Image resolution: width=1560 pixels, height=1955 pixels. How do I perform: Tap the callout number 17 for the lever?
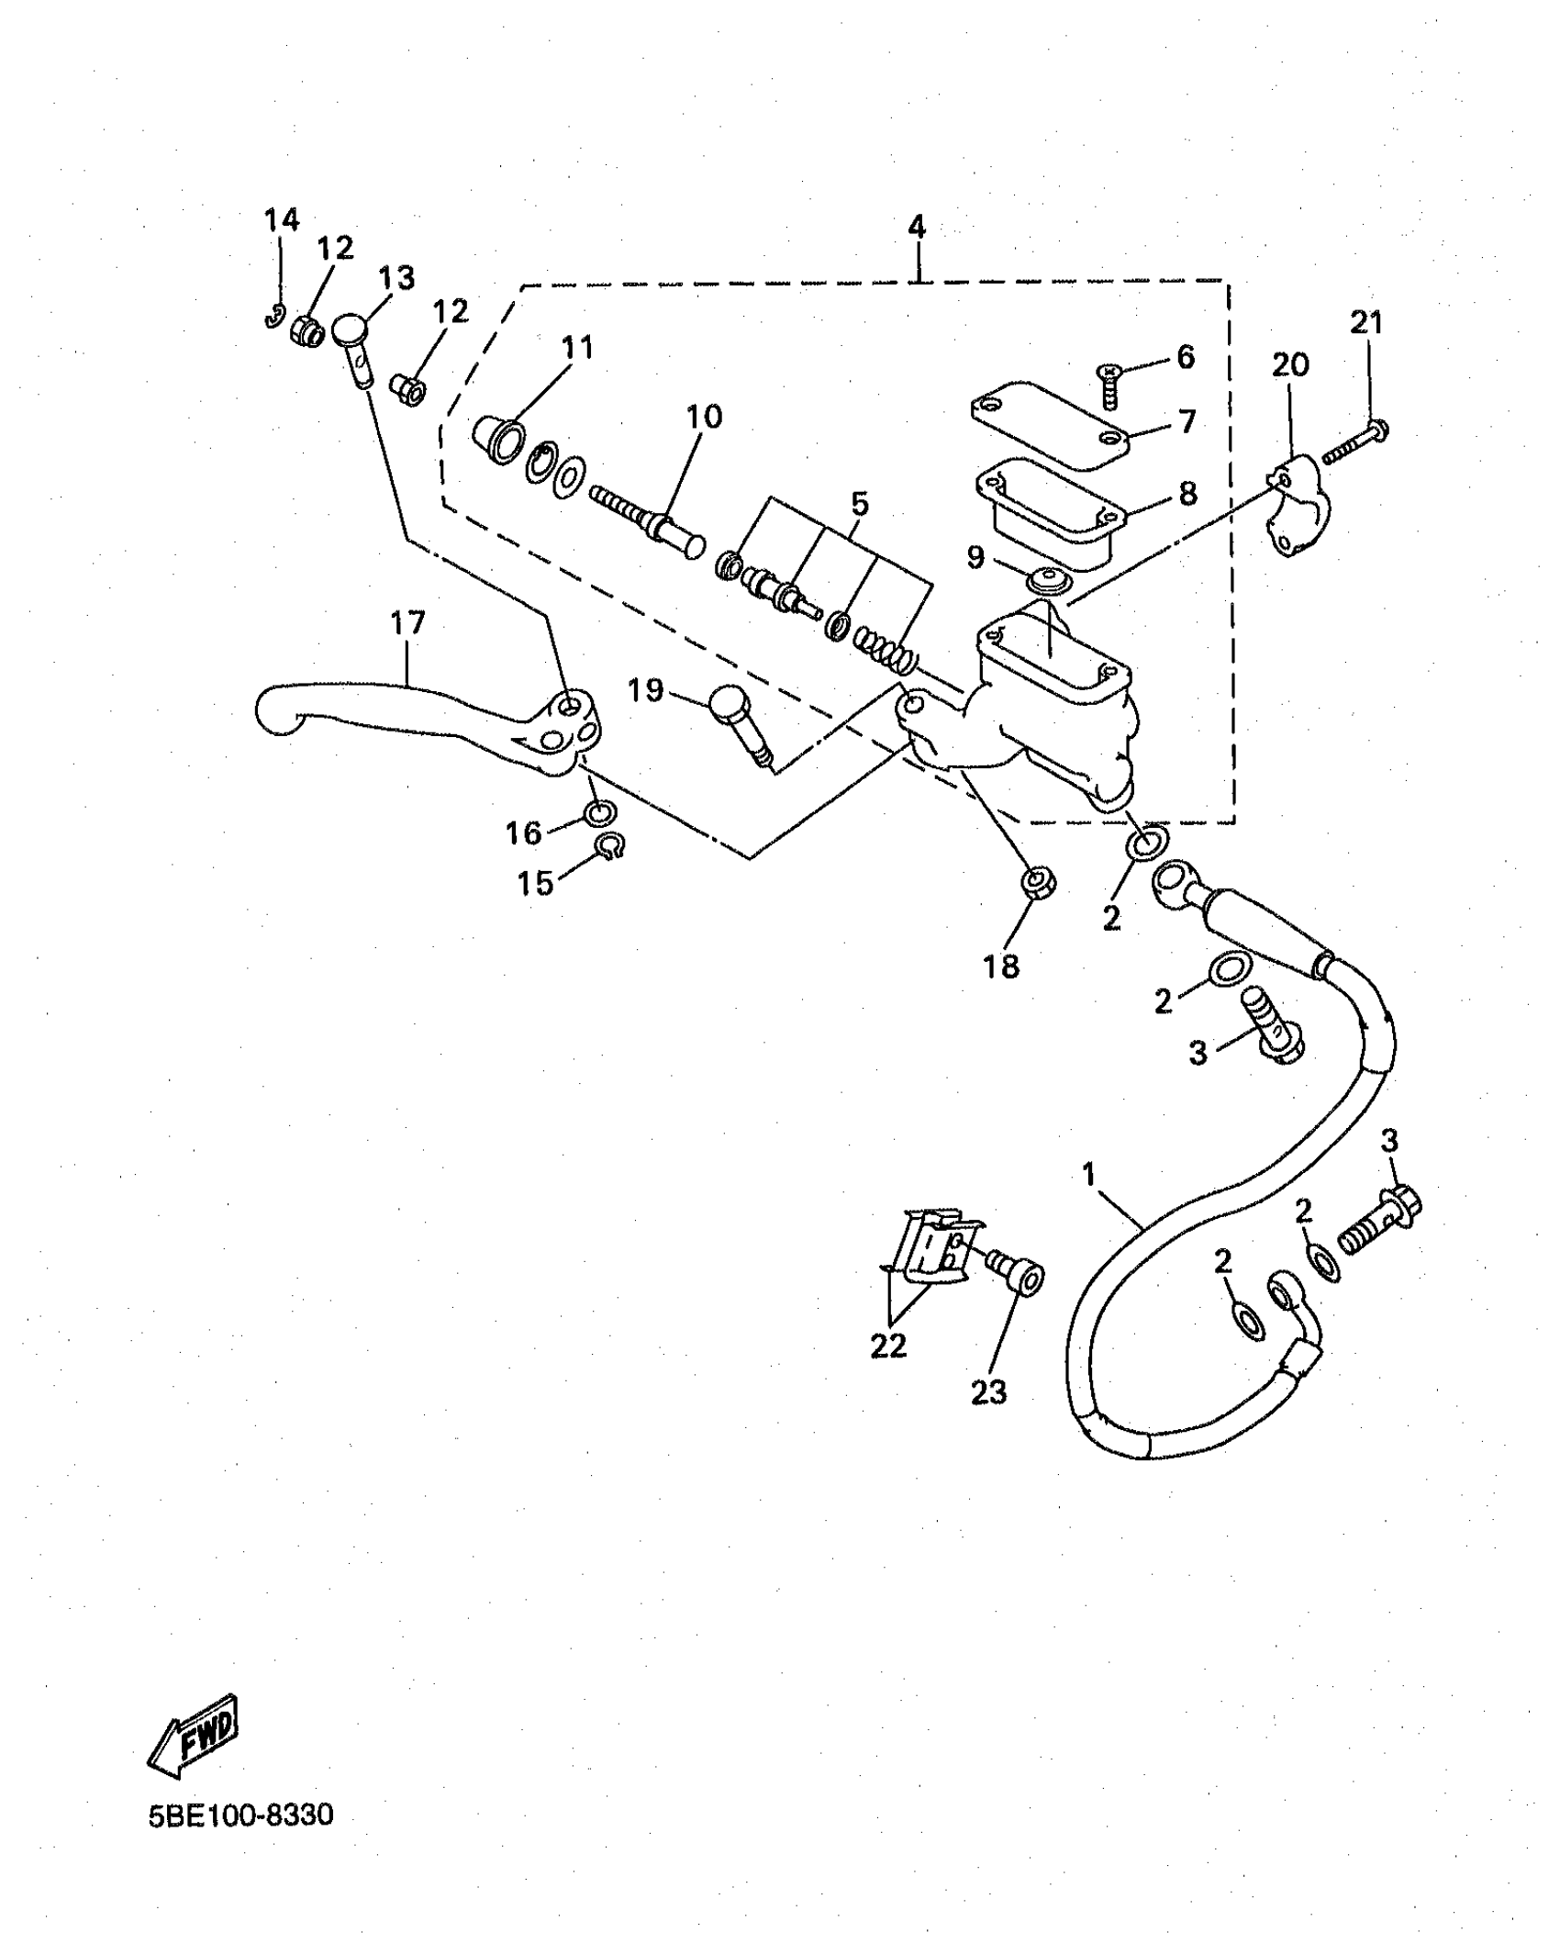click(407, 624)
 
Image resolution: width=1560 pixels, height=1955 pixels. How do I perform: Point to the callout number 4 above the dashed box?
click(917, 227)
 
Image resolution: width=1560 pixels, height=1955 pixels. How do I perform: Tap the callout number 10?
click(705, 417)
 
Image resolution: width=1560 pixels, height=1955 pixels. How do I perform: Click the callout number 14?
click(282, 220)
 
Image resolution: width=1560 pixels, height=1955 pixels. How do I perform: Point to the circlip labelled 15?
click(608, 845)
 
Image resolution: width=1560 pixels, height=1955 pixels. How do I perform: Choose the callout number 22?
click(887, 1346)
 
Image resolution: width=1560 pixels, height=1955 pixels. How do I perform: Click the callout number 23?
click(988, 1392)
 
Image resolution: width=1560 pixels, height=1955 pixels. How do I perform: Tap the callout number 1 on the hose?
click(1089, 1174)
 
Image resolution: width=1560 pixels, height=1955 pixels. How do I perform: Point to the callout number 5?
click(859, 504)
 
